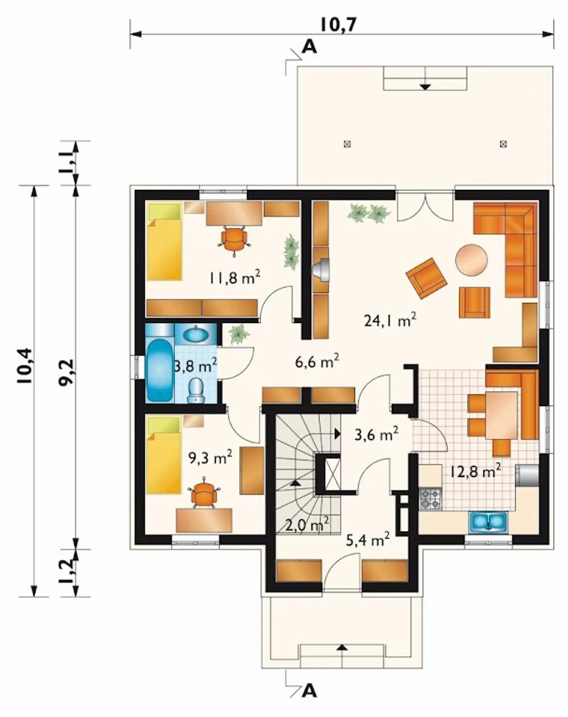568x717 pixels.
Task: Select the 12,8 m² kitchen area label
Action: pyautogui.click(x=475, y=471)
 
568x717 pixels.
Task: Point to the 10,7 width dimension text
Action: pyautogui.click(x=339, y=24)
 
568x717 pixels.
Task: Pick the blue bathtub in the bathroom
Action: pyautogui.click(x=159, y=370)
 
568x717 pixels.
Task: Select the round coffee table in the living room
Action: pyautogui.click(x=471, y=260)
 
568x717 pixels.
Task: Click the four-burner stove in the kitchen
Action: pyautogui.click(x=430, y=499)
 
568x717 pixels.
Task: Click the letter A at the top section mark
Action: pyautogui.click(x=309, y=47)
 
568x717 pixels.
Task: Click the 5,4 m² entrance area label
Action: pyautogui.click(x=368, y=540)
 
